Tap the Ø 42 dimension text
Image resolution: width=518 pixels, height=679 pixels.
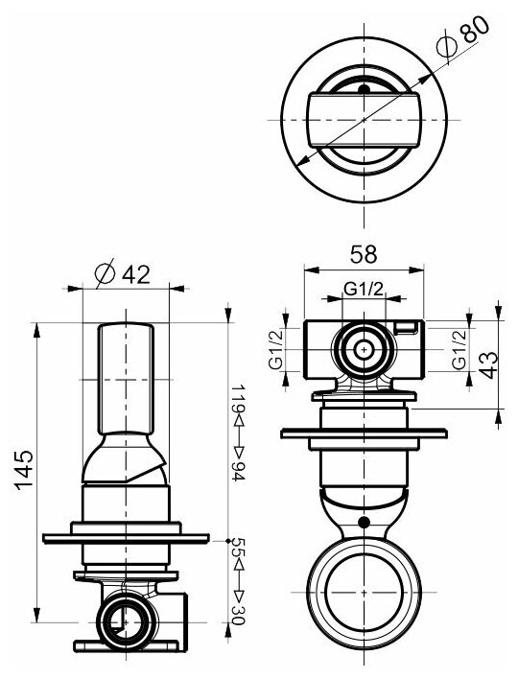coord(123,274)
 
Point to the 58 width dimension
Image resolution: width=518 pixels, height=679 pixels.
coord(364,254)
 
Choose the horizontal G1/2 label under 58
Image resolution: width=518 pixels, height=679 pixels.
coord(364,289)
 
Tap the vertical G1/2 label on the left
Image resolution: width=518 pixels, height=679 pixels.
coord(275,349)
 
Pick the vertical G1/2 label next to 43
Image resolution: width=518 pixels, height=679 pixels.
coord(459,349)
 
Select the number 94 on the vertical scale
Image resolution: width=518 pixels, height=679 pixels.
coord(238,471)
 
